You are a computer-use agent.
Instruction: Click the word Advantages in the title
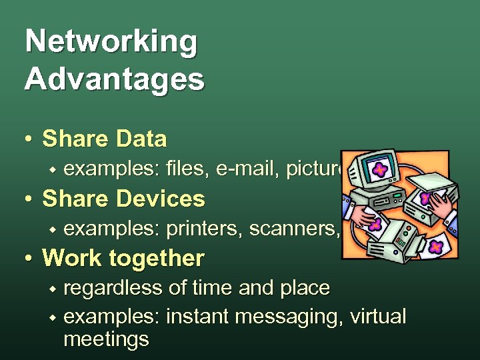click(114, 79)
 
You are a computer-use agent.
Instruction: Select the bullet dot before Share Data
click(29, 140)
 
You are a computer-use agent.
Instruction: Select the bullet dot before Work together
click(29, 259)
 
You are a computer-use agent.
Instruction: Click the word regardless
click(113, 288)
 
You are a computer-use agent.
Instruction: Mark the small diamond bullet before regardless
click(53, 289)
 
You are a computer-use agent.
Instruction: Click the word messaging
click(287, 317)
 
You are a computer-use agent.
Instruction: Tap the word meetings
click(106, 339)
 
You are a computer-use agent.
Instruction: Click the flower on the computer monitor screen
click(379, 170)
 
